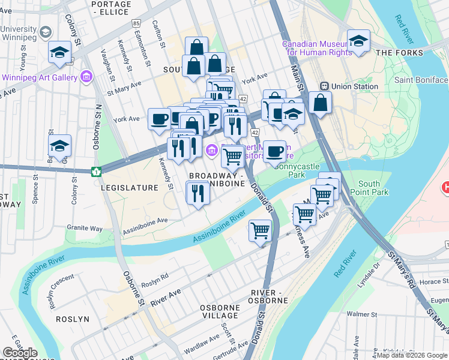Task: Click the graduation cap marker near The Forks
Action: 358,41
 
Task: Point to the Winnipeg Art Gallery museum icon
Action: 86,77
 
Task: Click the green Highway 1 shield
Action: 95,172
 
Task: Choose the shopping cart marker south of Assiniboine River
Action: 260,230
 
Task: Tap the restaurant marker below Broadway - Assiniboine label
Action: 196,193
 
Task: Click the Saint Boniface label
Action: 421,80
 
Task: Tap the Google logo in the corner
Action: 20,353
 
